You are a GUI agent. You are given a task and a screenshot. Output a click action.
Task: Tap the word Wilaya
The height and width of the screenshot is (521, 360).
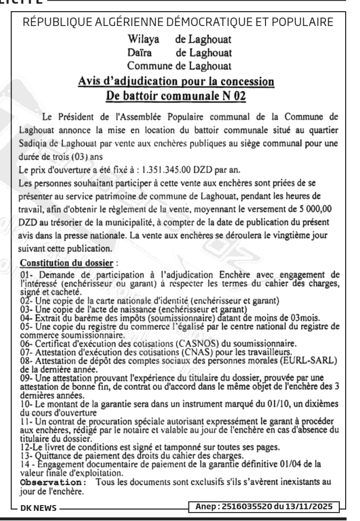pos(143,39)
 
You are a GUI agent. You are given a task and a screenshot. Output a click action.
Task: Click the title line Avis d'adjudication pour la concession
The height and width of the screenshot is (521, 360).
pos(176,82)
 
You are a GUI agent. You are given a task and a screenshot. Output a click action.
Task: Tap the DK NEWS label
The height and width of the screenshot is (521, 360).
pos(38,508)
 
